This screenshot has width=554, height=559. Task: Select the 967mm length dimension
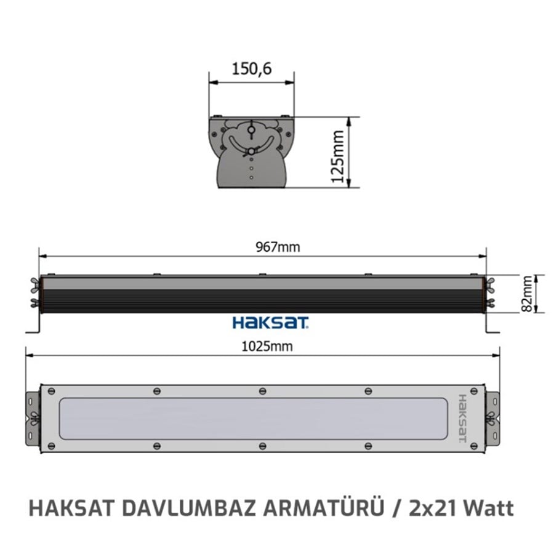[278, 247]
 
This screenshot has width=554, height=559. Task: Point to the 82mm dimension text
[526, 293]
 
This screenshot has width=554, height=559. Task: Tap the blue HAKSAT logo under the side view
[270, 322]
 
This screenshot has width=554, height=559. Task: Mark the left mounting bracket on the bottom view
[33, 419]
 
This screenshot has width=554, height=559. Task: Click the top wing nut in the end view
[251, 130]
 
